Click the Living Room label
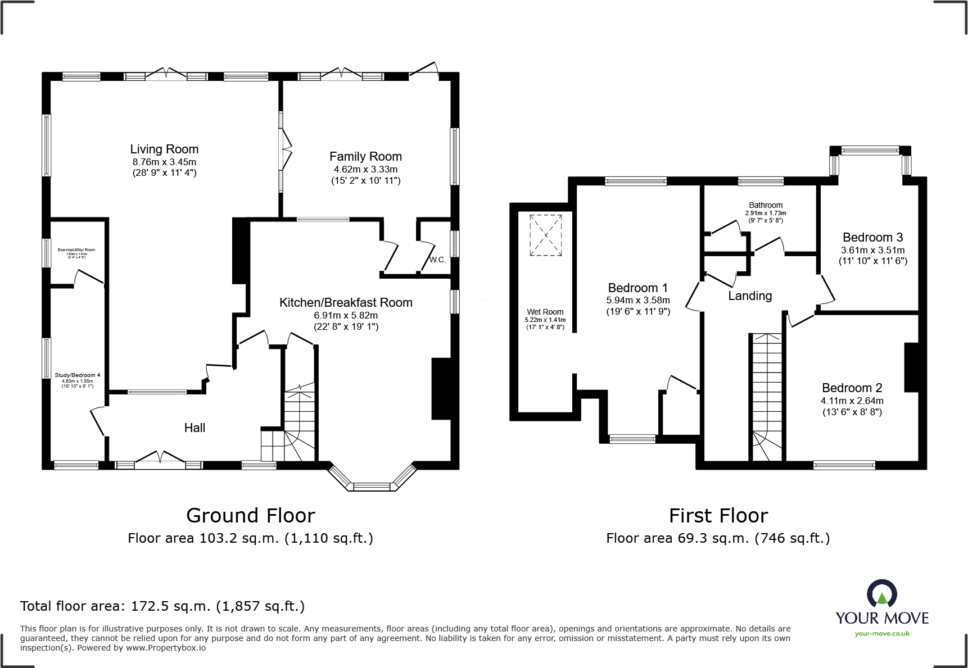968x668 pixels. pyautogui.click(x=164, y=149)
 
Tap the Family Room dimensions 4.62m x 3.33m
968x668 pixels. pyautogui.click(x=365, y=169)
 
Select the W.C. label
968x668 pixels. pyautogui.click(x=437, y=260)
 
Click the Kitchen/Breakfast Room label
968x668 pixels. pyautogui.click(x=346, y=303)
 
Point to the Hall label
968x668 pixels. pyautogui.click(x=194, y=428)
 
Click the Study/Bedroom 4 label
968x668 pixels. pyautogui.click(x=78, y=375)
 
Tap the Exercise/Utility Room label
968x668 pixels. pyautogui.click(x=76, y=250)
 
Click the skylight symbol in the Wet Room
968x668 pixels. pyautogui.click(x=545, y=235)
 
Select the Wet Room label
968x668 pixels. pyautogui.click(x=545, y=312)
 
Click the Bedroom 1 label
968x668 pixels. pyautogui.click(x=637, y=288)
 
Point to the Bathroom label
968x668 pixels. pyautogui.click(x=765, y=206)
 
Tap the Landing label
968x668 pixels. pyautogui.click(x=750, y=296)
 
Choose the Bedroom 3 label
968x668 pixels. pyautogui.click(x=872, y=238)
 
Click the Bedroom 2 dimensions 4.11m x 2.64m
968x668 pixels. pyautogui.click(x=852, y=401)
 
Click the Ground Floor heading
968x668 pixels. pyautogui.click(x=251, y=516)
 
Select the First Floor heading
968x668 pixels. pyautogui.click(x=718, y=516)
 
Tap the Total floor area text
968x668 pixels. pyautogui.click(x=162, y=606)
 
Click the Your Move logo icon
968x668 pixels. pyautogui.click(x=881, y=593)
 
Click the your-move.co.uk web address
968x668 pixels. pyautogui.click(x=882, y=634)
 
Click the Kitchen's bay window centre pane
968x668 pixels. pyautogui.click(x=371, y=487)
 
